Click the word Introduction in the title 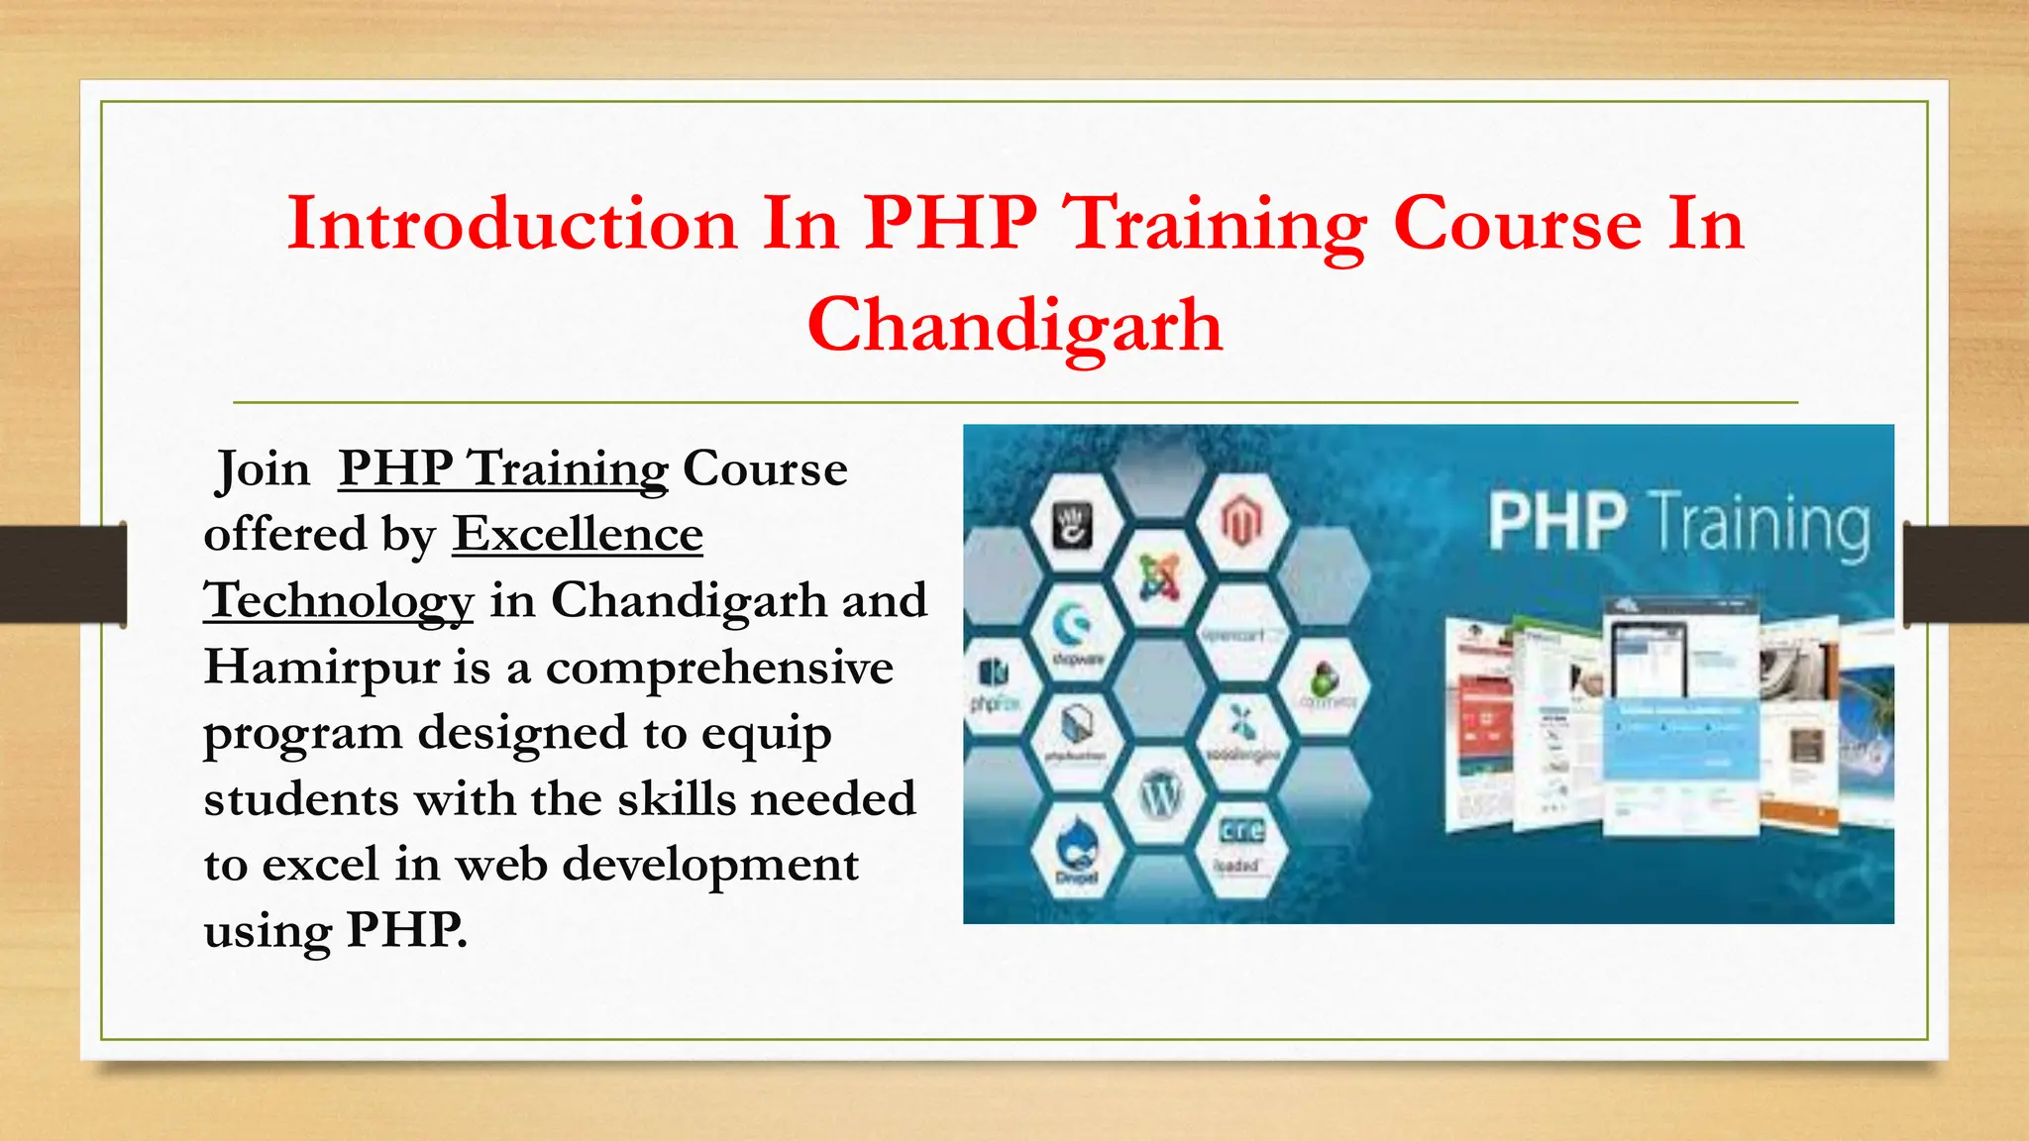(512, 223)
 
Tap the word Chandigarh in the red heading (1014, 325)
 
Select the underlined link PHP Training (503, 468)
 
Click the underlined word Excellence (578, 535)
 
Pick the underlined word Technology (339, 601)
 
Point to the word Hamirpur (321, 667)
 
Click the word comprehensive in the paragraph (719, 667)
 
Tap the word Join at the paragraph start (263, 468)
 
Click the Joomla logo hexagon (1159, 576)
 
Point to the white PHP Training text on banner (1678, 522)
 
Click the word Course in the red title (1518, 223)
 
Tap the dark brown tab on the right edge (1966, 574)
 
